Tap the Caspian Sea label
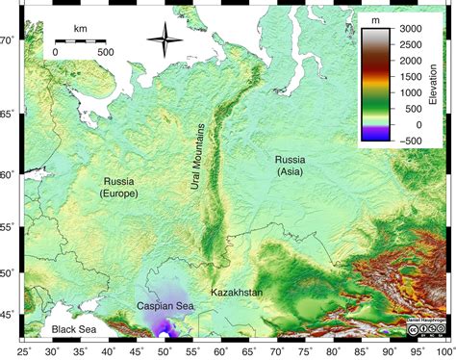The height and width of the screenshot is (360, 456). coord(165,306)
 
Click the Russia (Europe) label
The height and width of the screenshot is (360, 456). coord(119,187)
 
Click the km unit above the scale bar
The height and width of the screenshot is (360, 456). coord(80,29)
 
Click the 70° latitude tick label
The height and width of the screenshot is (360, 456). coord(8,39)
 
